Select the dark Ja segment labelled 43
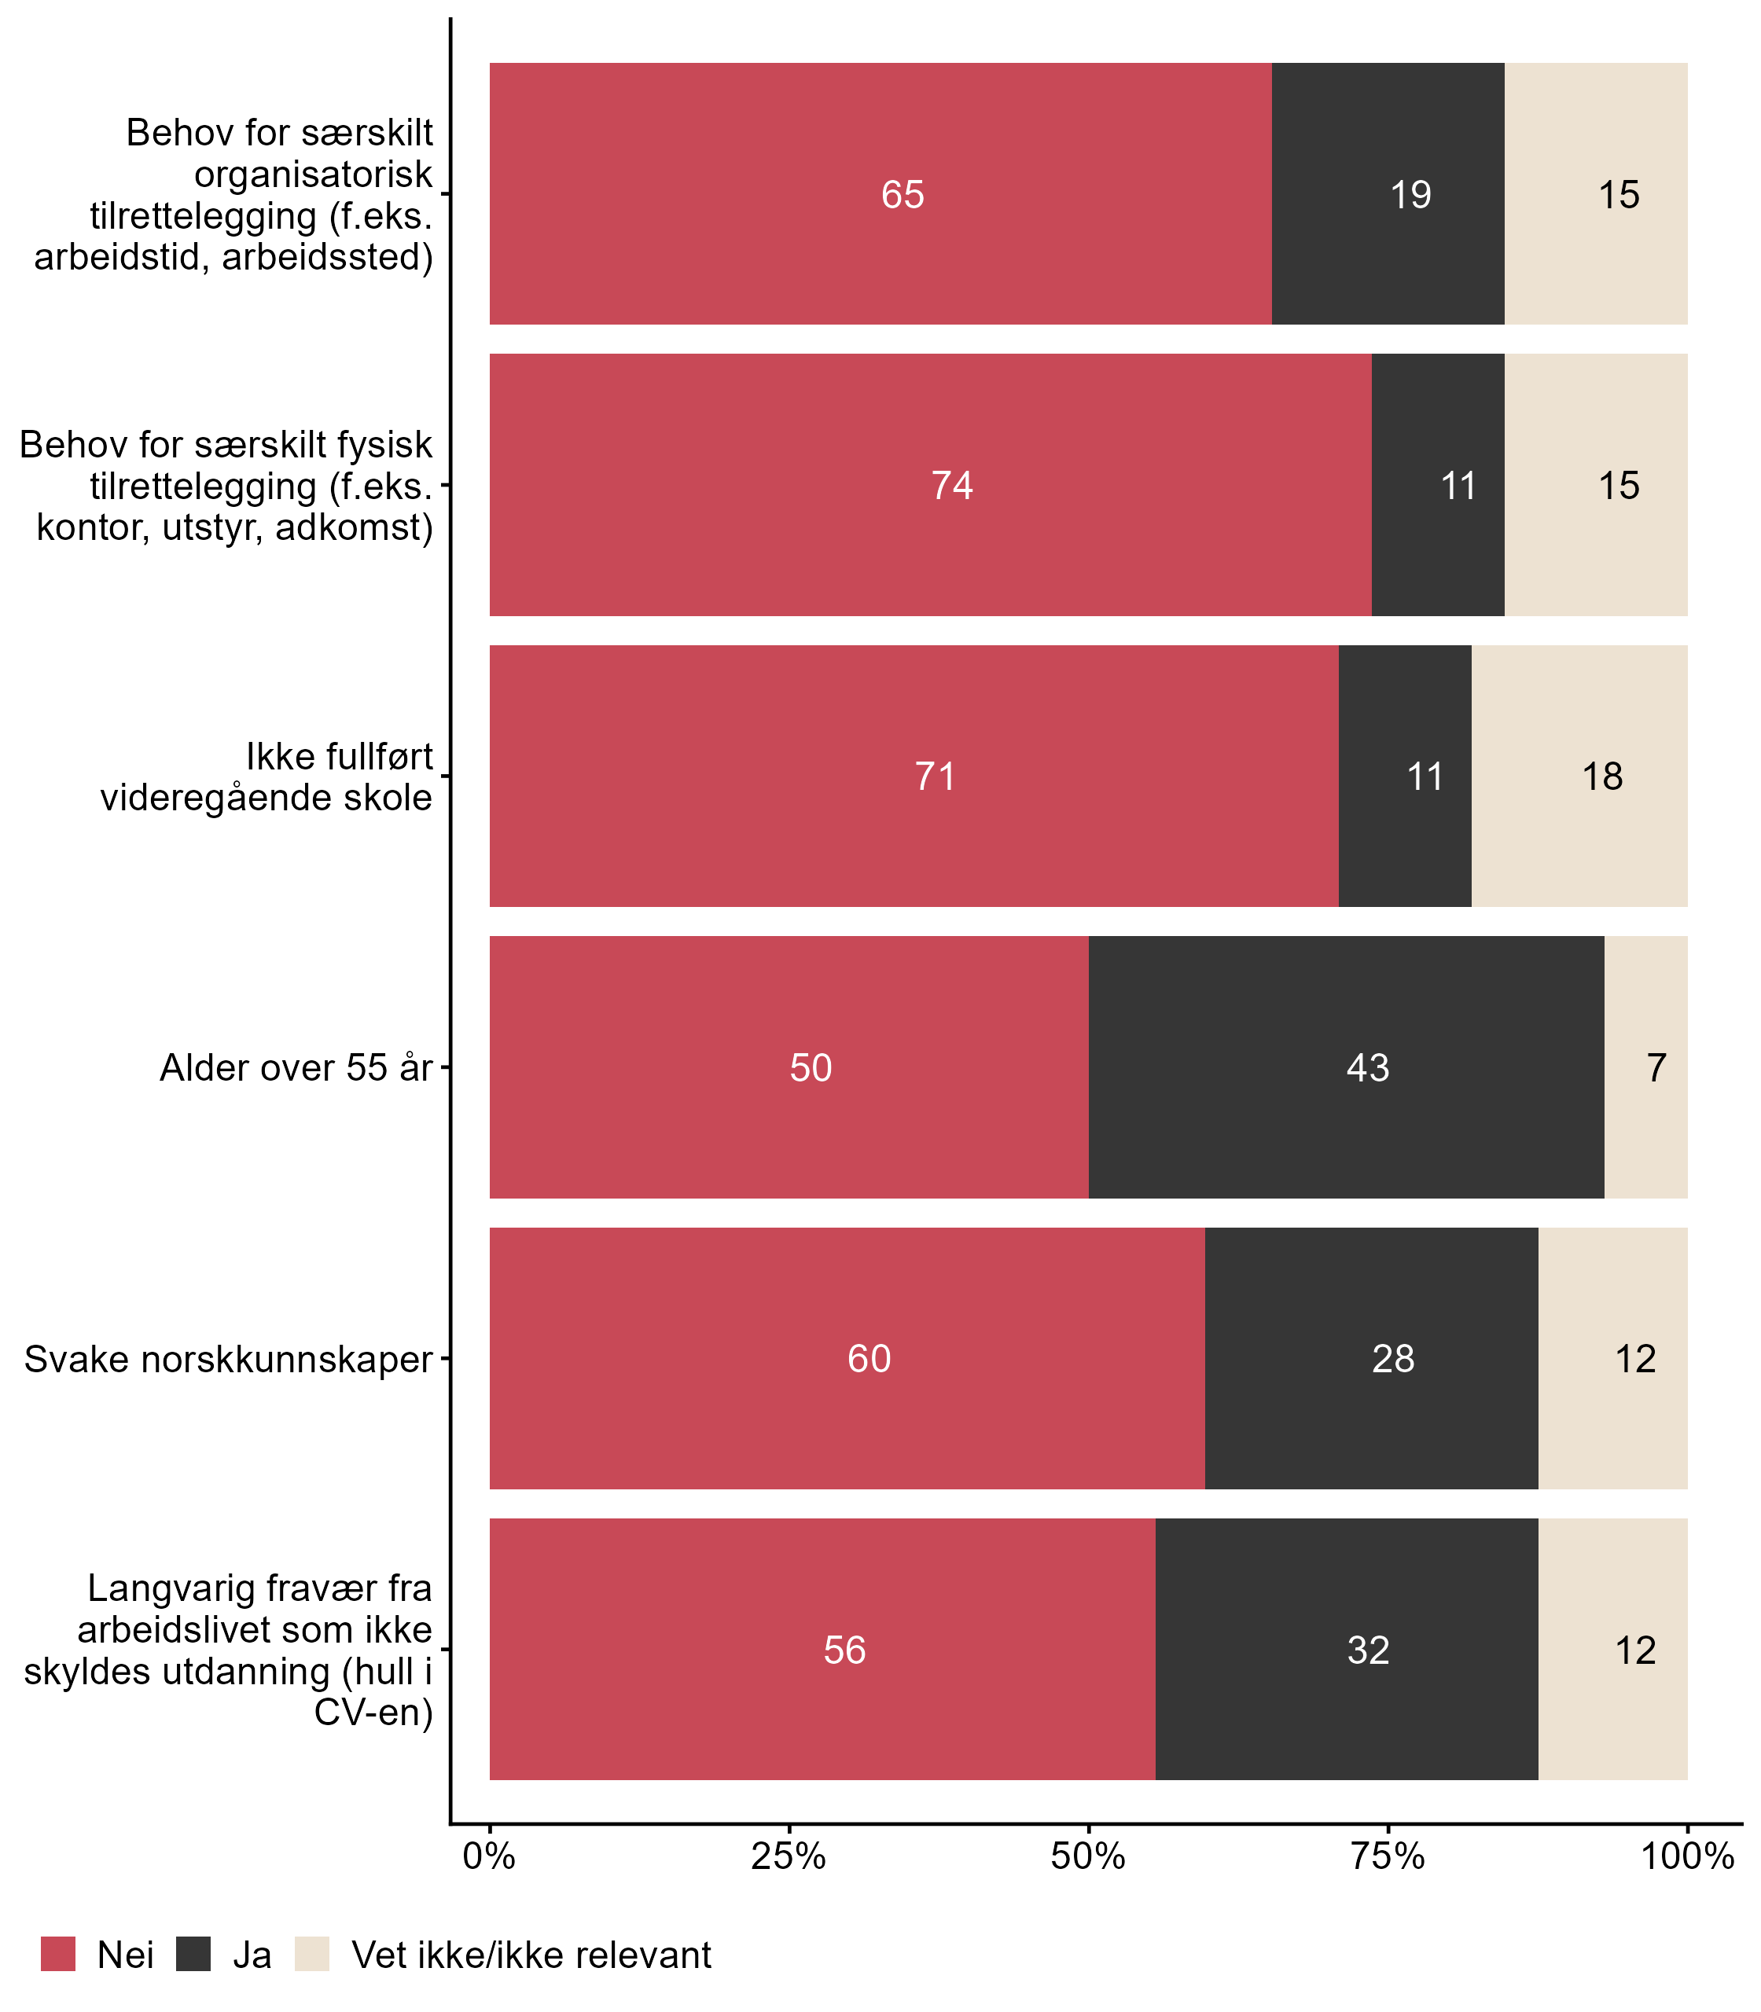click(1346, 1067)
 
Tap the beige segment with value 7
click(1646, 1067)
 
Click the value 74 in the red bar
click(951, 486)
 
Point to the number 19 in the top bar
click(1410, 195)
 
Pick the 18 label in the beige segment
click(1602, 777)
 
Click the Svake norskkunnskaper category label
click(228, 1359)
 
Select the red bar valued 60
click(847, 1359)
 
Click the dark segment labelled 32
click(1346, 1650)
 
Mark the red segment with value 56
click(822, 1650)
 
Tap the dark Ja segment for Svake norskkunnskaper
click(1371, 1359)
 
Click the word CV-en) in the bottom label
click(373, 1713)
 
